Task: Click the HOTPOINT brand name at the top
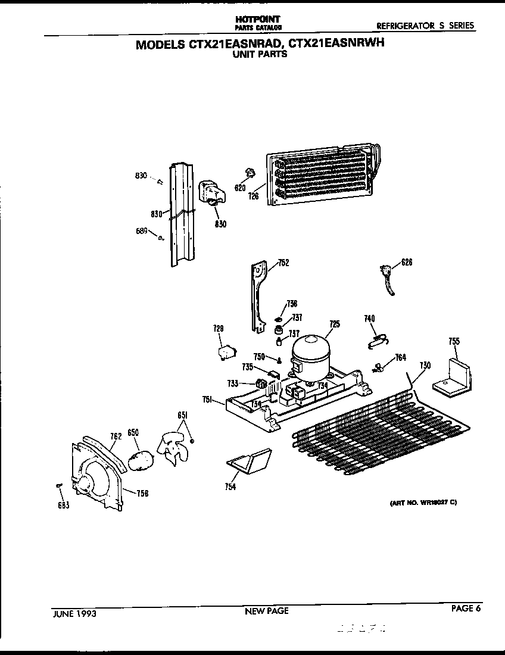(x=258, y=20)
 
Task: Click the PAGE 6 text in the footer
(x=465, y=608)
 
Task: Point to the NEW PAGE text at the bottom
(x=266, y=611)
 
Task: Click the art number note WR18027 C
(x=423, y=503)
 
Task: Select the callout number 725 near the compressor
(x=334, y=324)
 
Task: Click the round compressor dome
(x=310, y=351)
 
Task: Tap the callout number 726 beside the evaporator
(x=254, y=196)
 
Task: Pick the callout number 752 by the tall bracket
(x=283, y=263)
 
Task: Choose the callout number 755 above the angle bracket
(x=454, y=341)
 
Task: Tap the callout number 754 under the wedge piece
(x=230, y=487)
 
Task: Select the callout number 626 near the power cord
(x=407, y=263)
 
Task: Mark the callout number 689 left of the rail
(x=141, y=232)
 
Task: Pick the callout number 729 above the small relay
(x=219, y=328)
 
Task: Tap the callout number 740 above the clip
(x=369, y=319)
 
